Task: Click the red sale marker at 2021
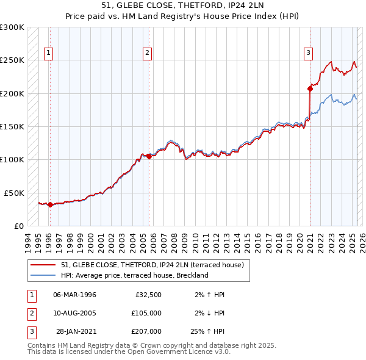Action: point(310,88)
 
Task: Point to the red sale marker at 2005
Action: point(149,156)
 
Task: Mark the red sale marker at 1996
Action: point(50,204)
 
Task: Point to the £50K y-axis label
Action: point(14,193)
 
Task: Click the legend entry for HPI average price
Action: point(134,275)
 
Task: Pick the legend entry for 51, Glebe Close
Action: point(152,265)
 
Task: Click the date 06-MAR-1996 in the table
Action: point(74,295)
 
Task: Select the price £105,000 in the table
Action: point(146,313)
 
